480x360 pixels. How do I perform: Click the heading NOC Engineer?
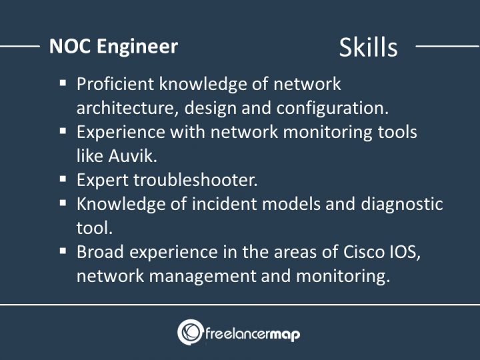click(x=113, y=46)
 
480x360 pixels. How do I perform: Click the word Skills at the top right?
click(x=368, y=47)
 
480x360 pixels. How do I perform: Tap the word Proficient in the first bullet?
click(x=115, y=85)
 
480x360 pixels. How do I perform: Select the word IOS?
click(x=409, y=252)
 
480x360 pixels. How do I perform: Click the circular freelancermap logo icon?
click(x=190, y=332)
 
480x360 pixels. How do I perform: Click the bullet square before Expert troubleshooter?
click(x=63, y=179)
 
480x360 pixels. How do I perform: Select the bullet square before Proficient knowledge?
click(x=63, y=83)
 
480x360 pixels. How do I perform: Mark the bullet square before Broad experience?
click(x=63, y=251)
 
